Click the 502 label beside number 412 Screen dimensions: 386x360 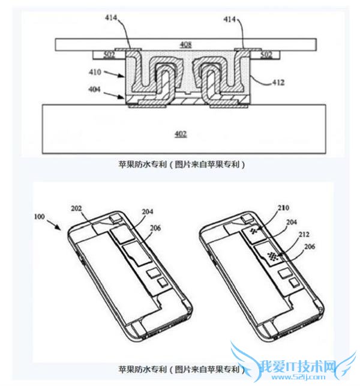pyautogui.click(x=266, y=55)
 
